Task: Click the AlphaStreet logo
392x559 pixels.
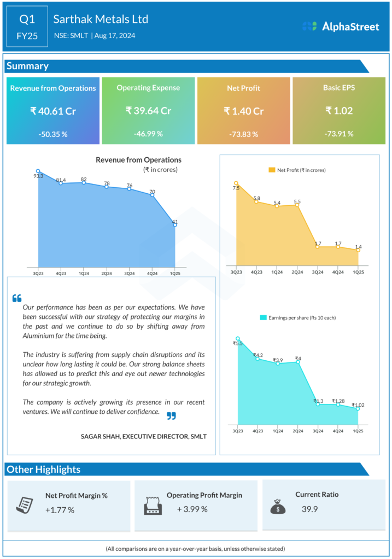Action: [x=341, y=26]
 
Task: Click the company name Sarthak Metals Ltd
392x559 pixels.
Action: [x=101, y=19]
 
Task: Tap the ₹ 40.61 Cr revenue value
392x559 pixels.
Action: [x=53, y=111]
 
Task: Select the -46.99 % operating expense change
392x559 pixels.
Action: [x=148, y=134]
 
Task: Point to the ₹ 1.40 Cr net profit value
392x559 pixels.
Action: [x=243, y=111]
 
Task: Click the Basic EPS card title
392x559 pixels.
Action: [x=338, y=87]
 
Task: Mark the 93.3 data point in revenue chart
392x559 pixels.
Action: [x=38, y=171]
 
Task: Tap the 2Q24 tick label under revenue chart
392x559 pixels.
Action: [x=107, y=273]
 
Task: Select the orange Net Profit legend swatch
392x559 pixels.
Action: [x=272, y=170]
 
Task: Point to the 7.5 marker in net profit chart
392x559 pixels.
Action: [x=236, y=183]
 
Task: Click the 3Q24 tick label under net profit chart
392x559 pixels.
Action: [x=318, y=271]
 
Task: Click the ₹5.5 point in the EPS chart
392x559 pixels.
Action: [x=237, y=338]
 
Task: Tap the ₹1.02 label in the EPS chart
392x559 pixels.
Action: [x=358, y=405]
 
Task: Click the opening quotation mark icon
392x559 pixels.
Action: [x=16, y=298]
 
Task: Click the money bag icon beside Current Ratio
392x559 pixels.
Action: [x=278, y=507]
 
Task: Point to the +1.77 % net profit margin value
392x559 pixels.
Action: [x=60, y=510]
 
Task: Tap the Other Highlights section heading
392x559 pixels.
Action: [x=43, y=469]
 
